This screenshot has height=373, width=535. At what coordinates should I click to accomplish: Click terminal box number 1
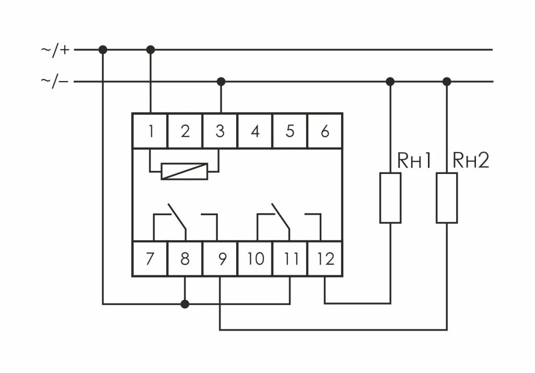150,131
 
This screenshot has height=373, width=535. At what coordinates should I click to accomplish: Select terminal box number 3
220,131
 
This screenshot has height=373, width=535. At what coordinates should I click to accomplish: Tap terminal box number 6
325,131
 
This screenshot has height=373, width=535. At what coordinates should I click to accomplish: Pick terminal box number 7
150,259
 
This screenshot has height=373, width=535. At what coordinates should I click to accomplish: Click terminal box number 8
184,259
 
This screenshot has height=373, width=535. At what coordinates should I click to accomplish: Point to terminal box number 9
220,259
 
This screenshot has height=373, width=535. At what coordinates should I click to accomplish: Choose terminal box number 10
255,259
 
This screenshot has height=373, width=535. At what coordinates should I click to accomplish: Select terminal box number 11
290,259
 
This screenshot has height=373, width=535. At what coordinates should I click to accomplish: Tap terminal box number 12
325,259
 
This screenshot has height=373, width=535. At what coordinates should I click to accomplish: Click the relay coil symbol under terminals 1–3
184,171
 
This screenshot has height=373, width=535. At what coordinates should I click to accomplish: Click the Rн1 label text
415,161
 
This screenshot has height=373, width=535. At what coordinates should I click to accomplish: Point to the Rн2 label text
471,161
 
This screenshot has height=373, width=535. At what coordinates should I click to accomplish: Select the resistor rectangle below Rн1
390,198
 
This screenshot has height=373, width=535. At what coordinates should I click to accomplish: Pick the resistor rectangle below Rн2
447,198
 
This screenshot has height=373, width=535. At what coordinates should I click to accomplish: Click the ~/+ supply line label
55,50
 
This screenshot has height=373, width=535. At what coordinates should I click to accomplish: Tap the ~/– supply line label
55,81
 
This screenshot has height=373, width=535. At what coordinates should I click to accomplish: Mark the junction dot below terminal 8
184,304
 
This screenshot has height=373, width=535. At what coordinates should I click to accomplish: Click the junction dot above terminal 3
220,81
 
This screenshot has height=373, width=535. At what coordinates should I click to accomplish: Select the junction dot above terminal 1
150,50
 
